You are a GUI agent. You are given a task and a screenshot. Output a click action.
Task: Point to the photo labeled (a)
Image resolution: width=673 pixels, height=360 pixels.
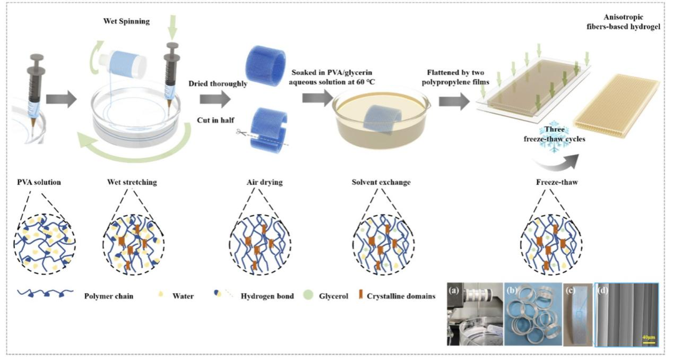pos(473,315)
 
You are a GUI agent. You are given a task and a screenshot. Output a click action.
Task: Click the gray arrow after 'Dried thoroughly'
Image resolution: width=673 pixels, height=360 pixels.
pos(217,99)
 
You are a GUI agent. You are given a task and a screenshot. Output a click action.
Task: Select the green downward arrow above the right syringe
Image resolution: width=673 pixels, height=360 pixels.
pos(173,26)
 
